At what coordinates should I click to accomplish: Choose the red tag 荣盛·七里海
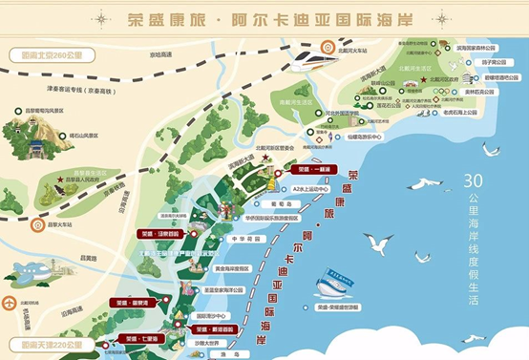[144, 339]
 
